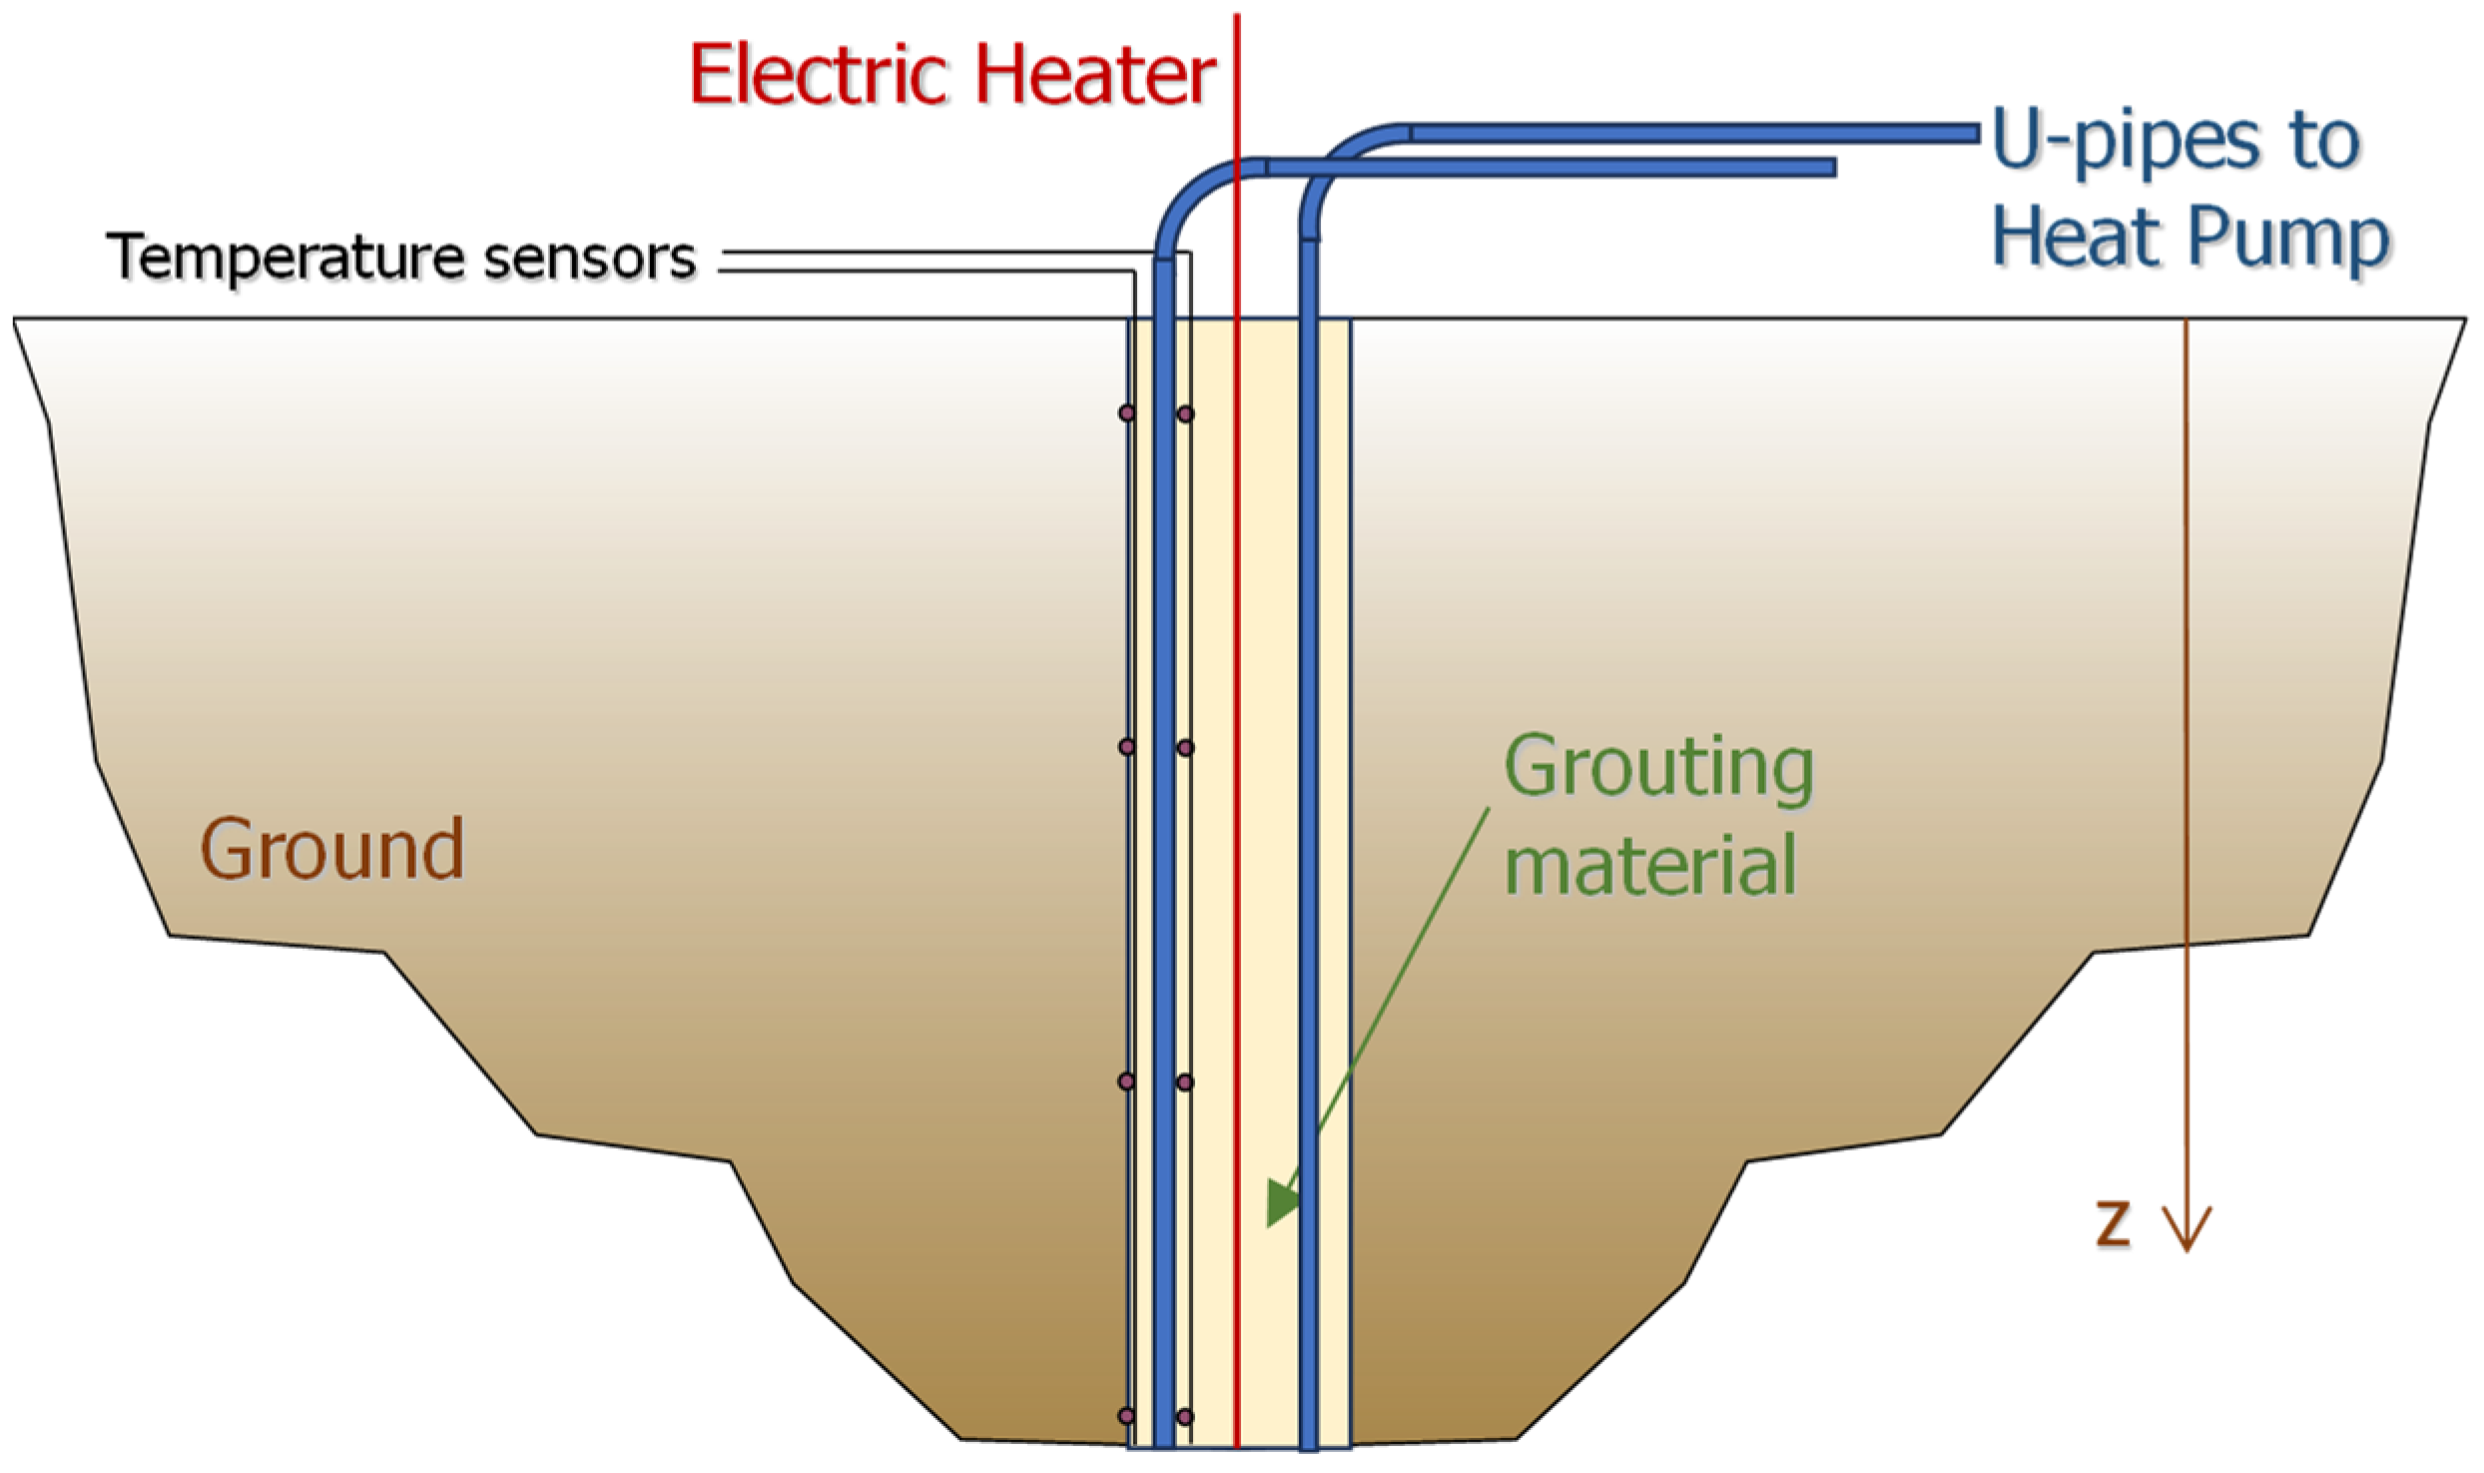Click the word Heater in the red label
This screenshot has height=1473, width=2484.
point(1095,76)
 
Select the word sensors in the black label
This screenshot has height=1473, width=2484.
point(589,258)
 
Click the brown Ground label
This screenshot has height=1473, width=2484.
point(332,850)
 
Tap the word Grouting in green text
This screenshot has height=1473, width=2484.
point(1658,768)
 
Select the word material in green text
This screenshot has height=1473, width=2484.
point(1650,865)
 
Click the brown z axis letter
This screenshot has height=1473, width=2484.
point(2112,1223)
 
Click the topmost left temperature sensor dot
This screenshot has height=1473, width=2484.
point(1127,413)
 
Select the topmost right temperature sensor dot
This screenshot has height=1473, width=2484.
point(1185,413)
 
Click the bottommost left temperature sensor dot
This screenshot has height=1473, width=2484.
point(1127,1416)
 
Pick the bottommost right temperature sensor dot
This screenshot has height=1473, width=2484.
point(1185,1416)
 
